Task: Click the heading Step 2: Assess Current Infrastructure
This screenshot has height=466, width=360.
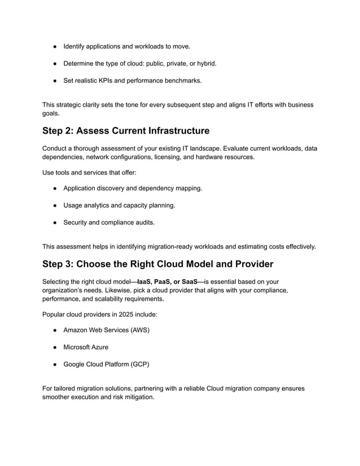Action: (126, 131)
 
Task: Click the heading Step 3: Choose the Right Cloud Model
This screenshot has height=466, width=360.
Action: (157, 263)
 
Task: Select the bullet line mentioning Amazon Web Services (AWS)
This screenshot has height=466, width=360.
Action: (106, 329)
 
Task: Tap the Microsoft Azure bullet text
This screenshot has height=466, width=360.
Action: (86, 347)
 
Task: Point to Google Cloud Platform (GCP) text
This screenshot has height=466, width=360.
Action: (106, 364)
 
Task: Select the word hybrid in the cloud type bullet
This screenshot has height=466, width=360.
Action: (205, 63)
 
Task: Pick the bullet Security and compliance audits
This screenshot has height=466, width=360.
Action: (108, 223)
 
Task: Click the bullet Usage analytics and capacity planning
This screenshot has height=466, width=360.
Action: (119, 205)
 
